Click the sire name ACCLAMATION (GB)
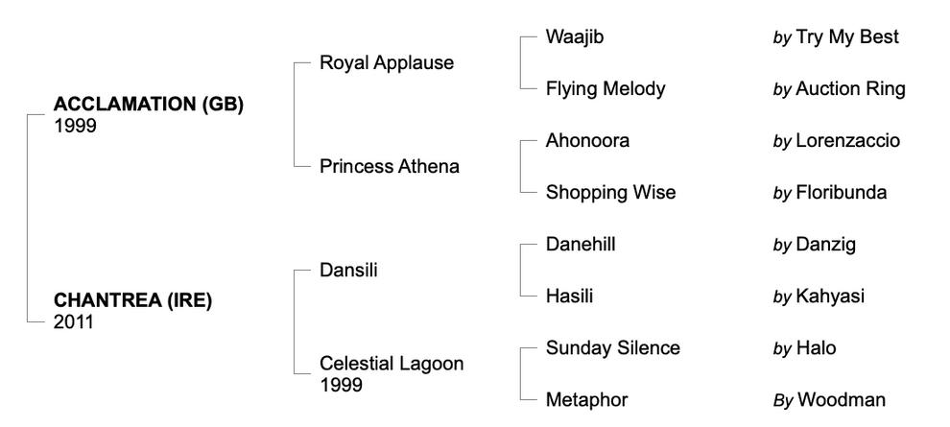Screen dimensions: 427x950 [x=148, y=106]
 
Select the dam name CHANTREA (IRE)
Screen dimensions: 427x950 [x=132, y=300]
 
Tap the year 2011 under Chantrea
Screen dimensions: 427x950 [x=73, y=322]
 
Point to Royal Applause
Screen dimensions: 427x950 [x=387, y=63]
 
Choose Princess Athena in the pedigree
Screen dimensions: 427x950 [x=390, y=167]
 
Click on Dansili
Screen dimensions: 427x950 [x=348, y=271]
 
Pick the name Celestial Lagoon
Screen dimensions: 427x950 [x=392, y=364]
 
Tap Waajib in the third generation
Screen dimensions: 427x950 [x=576, y=37]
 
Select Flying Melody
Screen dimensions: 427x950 [x=606, y=89]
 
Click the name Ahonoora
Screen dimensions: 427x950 [x=587, y=141]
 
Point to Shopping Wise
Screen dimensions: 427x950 [x=610, y=193]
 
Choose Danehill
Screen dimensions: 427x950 [x=581, y=245]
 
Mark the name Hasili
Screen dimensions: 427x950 [x=569, y=297]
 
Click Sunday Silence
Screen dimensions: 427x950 [x=612, y=348]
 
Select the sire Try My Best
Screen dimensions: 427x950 [x=847, y=37]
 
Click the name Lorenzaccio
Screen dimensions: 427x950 [x=848, y=141]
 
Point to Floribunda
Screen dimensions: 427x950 [x=842, y=193]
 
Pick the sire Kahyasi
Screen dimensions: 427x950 [x=830, y=297]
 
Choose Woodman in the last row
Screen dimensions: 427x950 [x=841, y=400]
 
